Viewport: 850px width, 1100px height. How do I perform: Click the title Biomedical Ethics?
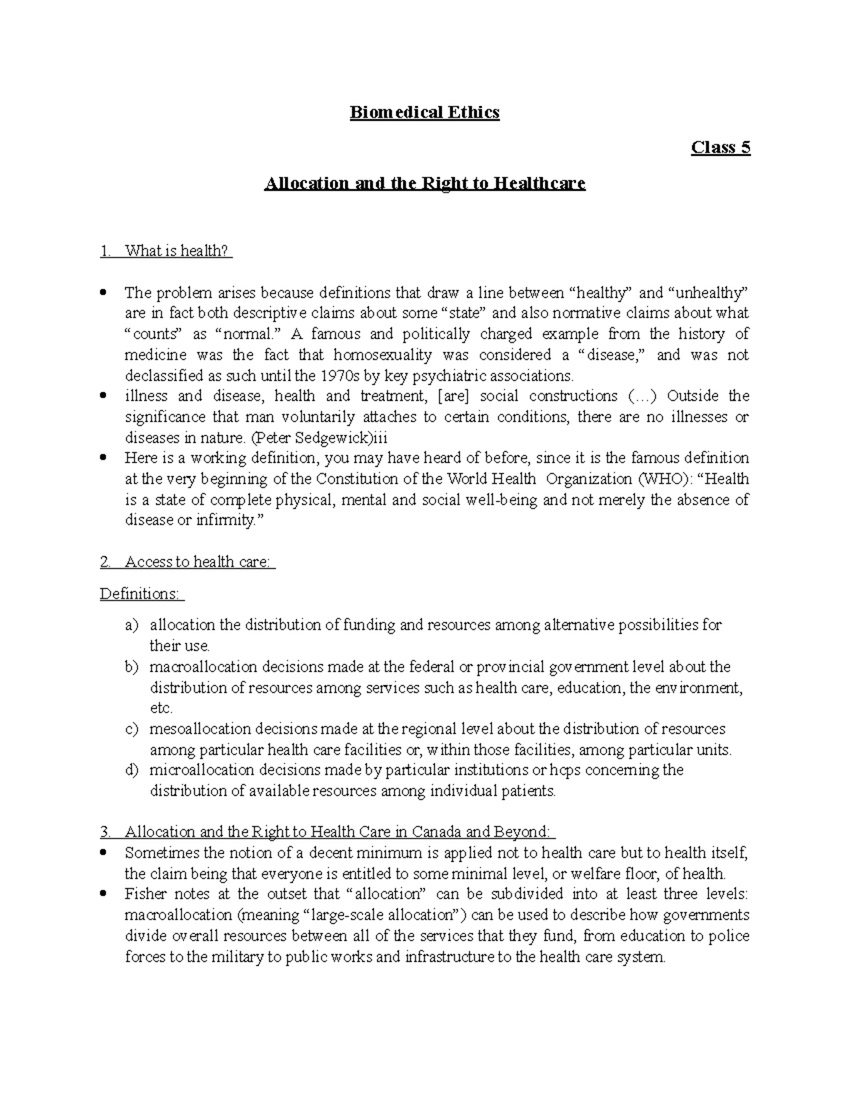tap(424, 113)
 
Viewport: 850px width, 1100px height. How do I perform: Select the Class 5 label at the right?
tap(720, 147)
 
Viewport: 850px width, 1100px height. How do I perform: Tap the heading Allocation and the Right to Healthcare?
tap(424, 183)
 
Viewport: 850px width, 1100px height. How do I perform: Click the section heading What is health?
tap(177, 251)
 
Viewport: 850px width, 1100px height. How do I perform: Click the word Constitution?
tap(357, 479)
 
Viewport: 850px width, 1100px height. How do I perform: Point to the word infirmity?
tap(225, 521)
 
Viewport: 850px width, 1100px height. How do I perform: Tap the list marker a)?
tap(132, 625)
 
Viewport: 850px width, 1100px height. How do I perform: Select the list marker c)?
tap(132, 729)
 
